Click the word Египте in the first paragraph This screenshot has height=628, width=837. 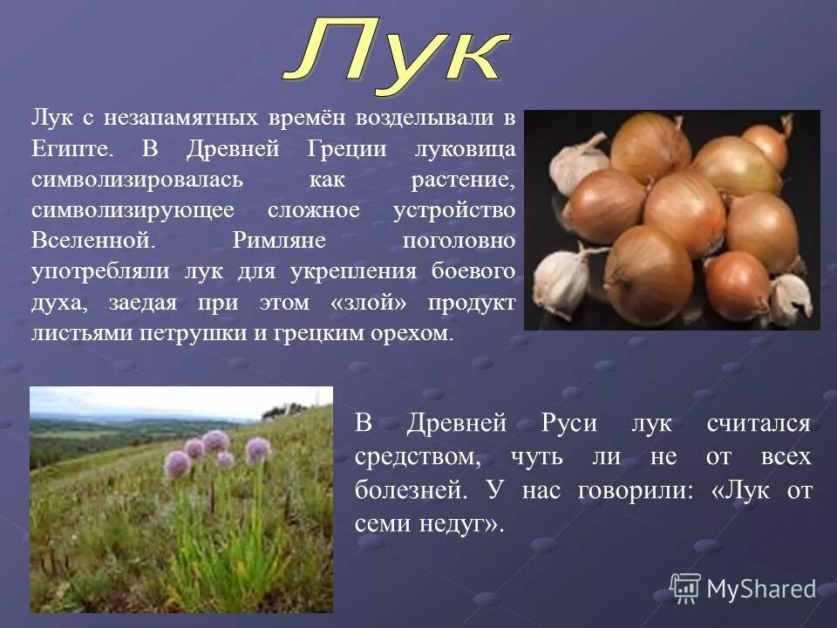[x=73, y=149]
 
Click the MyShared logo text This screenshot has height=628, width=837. [x=761, y=589]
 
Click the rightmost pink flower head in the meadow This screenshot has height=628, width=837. [x=257, y=450]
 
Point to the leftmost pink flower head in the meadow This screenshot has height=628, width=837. [x=177, y=463]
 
